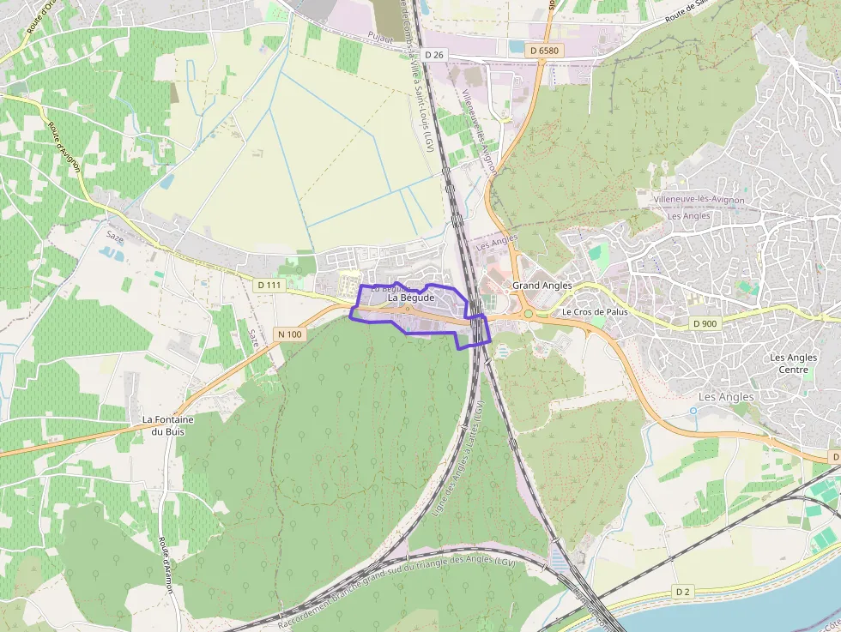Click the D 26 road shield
pos(436,55)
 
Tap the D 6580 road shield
pos(544,51)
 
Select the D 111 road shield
pos(269,285)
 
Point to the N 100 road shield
pos(289,334)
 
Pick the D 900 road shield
pos(705,323)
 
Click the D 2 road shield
pos(683,592)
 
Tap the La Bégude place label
pos(412,298)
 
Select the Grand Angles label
pos(542,285)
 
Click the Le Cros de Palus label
pos(595,312)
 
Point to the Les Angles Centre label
pos(789,364)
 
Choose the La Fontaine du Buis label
pos(168,425)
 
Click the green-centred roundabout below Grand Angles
pos(529,314)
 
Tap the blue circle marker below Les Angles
pos(693,411)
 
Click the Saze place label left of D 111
pos(115,238)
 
